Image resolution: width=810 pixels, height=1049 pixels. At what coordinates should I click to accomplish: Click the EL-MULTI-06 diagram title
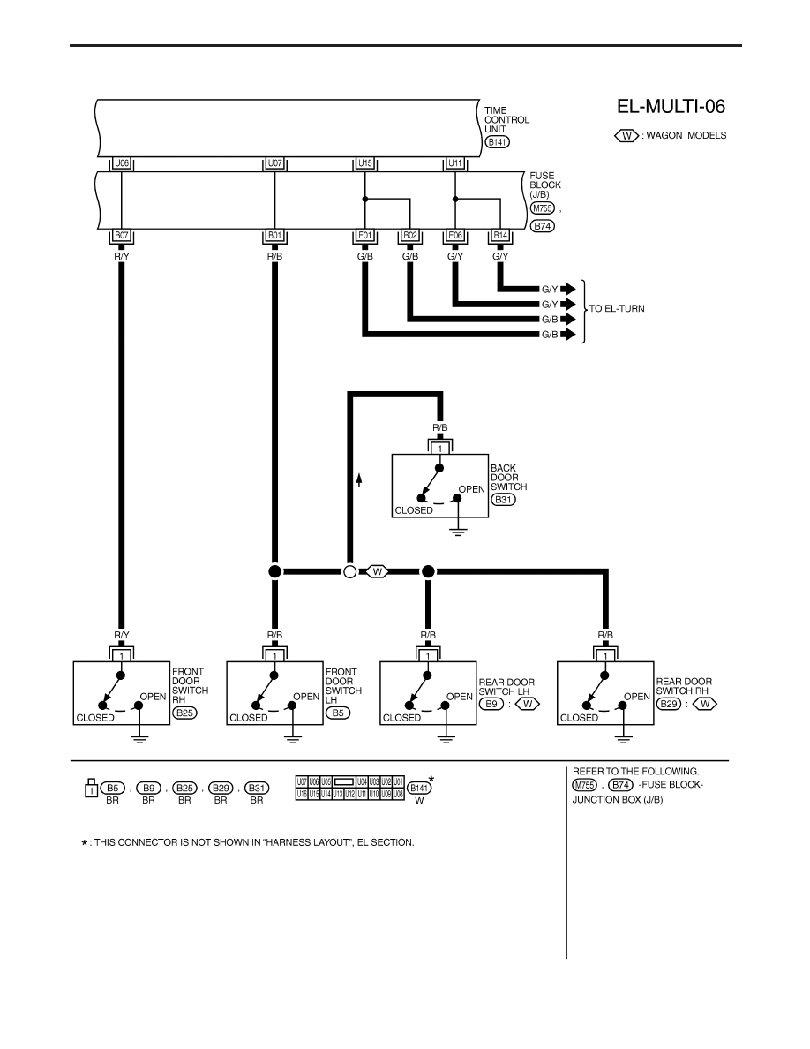(671, 106)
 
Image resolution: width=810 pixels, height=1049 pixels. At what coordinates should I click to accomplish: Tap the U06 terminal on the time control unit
(122, 163)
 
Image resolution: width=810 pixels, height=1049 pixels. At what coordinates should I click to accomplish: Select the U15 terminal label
(365, 163)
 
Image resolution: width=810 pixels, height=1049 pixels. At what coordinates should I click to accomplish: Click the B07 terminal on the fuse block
(122, 236)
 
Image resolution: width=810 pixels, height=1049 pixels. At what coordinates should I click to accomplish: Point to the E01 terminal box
(365, 236)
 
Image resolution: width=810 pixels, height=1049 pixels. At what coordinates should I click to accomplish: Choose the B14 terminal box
(500, 236)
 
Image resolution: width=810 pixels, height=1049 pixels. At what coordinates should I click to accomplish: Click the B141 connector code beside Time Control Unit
(498, 142)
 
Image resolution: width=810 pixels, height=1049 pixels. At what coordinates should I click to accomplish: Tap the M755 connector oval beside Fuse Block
(542, 208)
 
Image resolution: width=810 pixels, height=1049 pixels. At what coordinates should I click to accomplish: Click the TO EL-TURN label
(617, 308)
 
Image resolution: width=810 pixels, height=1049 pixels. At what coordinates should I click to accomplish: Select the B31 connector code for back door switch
(503, 499)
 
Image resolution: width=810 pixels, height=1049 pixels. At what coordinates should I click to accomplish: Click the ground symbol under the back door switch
(458, 532)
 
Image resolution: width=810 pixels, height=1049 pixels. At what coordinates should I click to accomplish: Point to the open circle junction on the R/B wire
(349, 572)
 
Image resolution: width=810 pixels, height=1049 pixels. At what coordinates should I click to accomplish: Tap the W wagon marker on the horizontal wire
(378, 572)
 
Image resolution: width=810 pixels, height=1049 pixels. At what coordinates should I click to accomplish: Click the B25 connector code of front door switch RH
(184, 713)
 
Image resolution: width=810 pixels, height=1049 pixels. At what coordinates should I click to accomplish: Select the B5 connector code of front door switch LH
(337, 713)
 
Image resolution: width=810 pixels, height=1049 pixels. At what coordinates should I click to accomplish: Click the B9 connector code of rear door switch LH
(491, 704)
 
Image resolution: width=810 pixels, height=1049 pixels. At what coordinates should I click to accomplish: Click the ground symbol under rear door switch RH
(623, 738)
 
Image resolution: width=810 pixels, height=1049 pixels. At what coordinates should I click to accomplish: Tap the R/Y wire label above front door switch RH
(122, 635)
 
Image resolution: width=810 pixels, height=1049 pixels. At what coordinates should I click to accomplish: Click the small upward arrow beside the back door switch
(359, 479)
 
